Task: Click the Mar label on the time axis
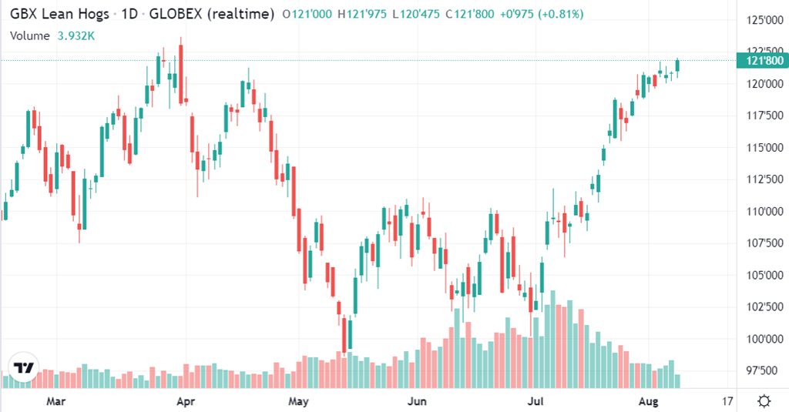[x=54, y=401]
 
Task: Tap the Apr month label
[x=184, y=401]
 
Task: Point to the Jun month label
[x=416, y=401]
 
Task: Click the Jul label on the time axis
[x=535, y=401]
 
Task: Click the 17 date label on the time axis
[x=728, y=401]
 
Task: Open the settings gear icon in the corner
[x=764, y=400]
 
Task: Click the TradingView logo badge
[x=24, y=367]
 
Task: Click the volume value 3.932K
[x=76, y=35]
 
